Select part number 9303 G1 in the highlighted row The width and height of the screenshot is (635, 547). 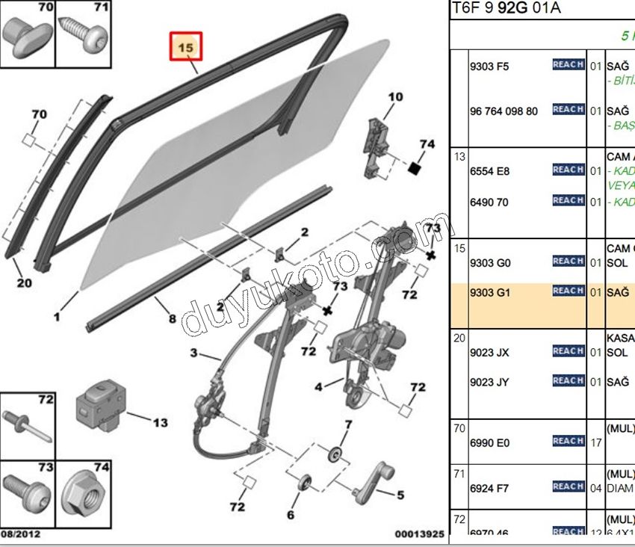[489, 293]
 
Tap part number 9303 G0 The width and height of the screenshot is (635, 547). [489, 263]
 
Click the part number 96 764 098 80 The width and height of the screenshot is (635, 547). [503, 111]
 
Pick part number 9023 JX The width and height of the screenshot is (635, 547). [489, 353]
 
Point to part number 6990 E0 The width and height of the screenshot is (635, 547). [489, 443]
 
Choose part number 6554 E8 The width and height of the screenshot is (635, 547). [489, 171]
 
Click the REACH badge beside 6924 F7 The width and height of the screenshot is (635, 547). [568, 486]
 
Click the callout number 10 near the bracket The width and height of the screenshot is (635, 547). [395, 96]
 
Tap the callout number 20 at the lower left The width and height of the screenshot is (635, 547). [24, 282]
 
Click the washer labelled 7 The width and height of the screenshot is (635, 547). [335, 454]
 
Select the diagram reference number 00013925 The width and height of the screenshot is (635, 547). [419, 534]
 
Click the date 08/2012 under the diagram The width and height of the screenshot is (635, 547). [21, 534]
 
